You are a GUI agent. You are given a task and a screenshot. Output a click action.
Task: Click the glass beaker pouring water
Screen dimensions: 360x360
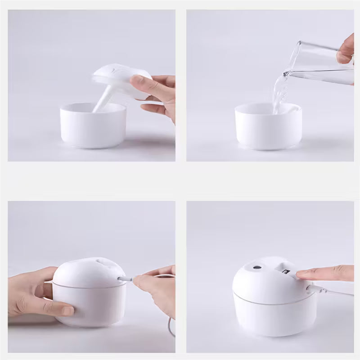click(x=319, y=63)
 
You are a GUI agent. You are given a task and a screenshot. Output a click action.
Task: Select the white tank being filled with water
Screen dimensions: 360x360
click(x=268, y=128)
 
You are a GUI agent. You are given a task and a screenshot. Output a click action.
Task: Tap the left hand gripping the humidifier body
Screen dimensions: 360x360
click(x=34, y=292)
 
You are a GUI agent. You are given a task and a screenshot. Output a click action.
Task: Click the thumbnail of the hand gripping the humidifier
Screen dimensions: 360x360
click(x=66, y=310)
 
